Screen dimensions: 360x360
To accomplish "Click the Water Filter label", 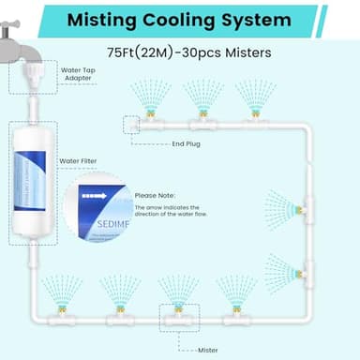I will [x=82, y=160].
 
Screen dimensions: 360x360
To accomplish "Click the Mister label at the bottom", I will [x=208, y=349].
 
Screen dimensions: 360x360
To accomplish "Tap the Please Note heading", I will [x=154, y=195].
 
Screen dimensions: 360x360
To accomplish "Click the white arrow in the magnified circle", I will [x=93, y=196].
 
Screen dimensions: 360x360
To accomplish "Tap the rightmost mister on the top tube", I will [x=251, y=119].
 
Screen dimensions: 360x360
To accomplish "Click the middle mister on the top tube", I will [x=200, y=119].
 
